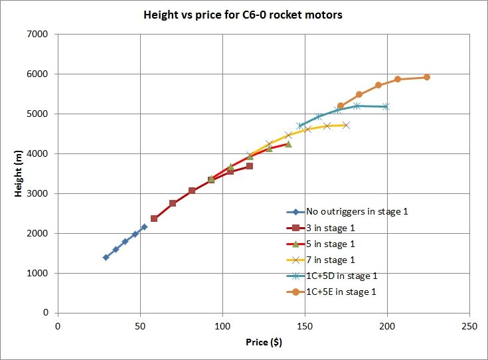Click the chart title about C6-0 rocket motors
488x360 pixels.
tap(243, 14)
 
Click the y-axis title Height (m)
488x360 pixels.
tap(20, 173)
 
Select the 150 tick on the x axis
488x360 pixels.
tap(305, 326)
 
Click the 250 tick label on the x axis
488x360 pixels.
tap(469, 326)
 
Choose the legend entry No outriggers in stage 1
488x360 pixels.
tap(357, 213)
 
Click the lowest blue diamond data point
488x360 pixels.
tap(106, 257)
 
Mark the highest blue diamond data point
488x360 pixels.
tap(144, 226)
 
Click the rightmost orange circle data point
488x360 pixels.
tap(427, 77)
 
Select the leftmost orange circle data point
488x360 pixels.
tap(341, 106)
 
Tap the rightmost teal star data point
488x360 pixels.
tap(386, 106)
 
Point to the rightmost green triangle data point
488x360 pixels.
tap(288, 143)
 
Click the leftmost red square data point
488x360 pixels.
tap(154, 219)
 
